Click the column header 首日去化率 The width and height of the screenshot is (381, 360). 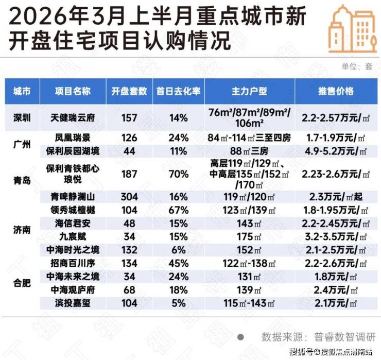coord(178,91)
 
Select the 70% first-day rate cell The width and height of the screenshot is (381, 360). coord(178,174)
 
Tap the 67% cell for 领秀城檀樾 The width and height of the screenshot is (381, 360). coord(178,210)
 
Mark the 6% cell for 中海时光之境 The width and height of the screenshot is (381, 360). coord(178,250)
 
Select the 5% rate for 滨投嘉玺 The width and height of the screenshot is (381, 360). coord(178,303)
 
